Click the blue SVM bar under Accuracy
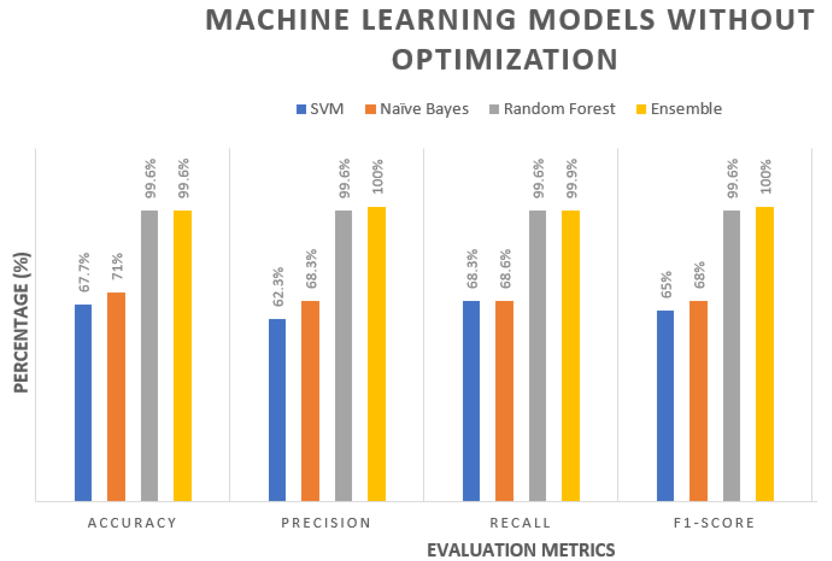point(83,402)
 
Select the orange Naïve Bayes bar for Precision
point(310,401)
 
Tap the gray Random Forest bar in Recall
point(537,356)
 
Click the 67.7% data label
point(84,272)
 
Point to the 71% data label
point(117,266)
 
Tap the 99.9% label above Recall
point(572,179)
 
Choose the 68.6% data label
point(505,269)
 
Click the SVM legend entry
point(320,109)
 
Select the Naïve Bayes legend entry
point(417,109)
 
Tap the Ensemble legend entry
point(679,109)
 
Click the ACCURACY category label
point(132,523)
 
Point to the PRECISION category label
point(326,523)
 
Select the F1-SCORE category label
point(714,523)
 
